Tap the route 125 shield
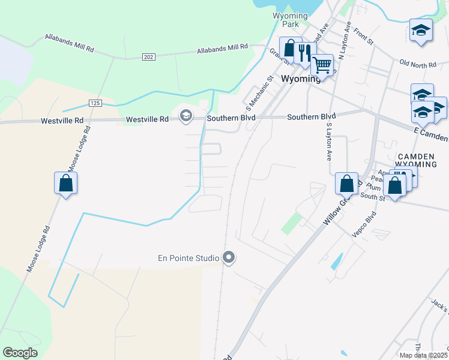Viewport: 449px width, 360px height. (x=94, y=103)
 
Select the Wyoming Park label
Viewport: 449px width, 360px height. (x=286, y=20)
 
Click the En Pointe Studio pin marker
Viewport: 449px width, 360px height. (x=228, y=258)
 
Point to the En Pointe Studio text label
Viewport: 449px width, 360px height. (x=188, y=259)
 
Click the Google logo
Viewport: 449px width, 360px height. (x=20, y=353)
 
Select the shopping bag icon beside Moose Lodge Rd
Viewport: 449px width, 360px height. (x=66, y=183)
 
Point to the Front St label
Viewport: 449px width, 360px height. (x=363, y=36)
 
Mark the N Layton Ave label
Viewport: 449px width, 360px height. (x=345, y=40)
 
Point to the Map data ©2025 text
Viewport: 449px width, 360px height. (x=424, y=355)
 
